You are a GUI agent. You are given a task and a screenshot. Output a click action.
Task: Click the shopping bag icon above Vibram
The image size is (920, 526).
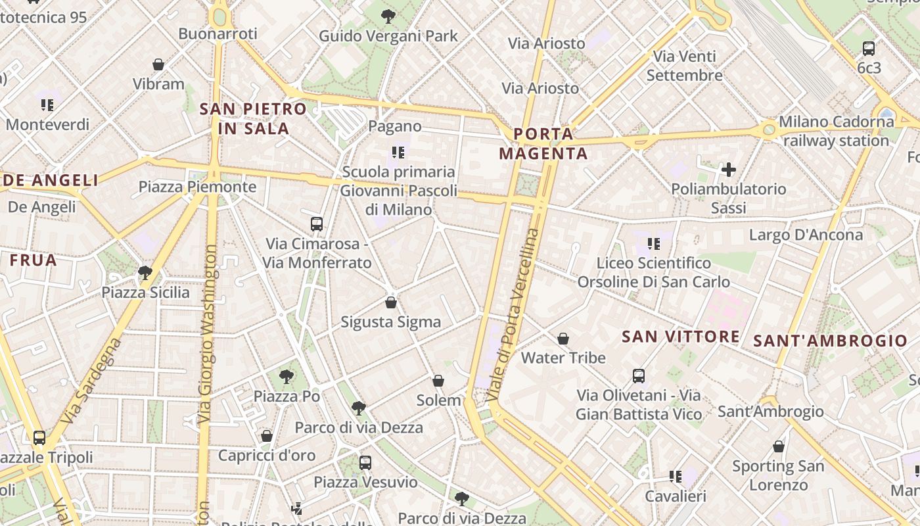tap(158, 64)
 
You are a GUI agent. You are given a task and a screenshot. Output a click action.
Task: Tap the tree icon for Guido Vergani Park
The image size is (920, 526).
tap(388, 16)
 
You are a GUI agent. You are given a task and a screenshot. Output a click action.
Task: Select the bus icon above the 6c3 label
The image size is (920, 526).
tap(869, 48)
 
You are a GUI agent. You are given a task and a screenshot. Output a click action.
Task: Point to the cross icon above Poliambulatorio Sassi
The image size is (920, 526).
tap(728, 170)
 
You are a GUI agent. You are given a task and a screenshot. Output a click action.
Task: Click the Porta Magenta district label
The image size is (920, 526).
tap(543, 144)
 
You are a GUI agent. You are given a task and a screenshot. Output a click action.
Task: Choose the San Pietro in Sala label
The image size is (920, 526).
tap(253, 118)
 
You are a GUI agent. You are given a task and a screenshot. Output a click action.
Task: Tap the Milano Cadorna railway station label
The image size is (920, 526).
tap(836, 131)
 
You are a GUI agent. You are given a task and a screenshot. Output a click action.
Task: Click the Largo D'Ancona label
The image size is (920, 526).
tap(806, 235)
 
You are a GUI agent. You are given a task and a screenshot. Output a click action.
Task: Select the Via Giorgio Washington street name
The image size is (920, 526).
tap(208, 334)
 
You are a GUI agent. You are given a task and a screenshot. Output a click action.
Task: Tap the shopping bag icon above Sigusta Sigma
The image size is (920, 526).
tap(391, 302)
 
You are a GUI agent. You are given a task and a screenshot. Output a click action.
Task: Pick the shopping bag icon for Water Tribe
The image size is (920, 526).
tap(563, 339)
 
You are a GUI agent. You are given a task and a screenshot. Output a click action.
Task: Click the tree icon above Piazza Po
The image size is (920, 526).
tap(286, 377)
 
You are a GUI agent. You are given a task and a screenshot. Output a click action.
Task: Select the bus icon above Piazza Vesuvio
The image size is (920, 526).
tap(365, 462)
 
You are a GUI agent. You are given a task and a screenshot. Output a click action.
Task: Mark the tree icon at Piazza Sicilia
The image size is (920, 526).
tap(145, 272)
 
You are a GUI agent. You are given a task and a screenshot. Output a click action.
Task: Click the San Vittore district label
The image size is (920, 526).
tap(680, 337)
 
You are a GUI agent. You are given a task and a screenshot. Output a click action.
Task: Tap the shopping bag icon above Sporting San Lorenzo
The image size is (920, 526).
tap(779, 447)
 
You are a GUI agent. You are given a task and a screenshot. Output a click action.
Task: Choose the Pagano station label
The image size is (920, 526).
tap(395, 126)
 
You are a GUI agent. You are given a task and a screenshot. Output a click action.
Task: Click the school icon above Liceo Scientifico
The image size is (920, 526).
tap(653, 244)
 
